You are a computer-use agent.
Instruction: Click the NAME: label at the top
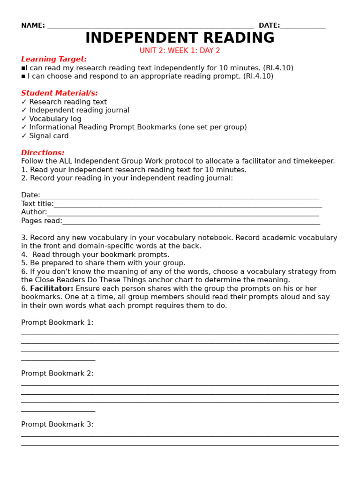pyautogui.click(x=33, y=26)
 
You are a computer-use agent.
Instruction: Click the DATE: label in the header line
pyautogui.click(x=269, y=26)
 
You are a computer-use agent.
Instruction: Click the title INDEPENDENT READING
pyautogui.click(x=180, y=38)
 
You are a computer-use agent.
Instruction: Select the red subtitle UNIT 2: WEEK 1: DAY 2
pyautogui.click(x=180, y=51)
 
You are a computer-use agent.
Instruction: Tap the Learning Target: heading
pyautogui.click(x=54, y=59)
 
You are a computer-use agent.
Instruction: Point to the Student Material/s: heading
pyautogui.click(x=60, y=93)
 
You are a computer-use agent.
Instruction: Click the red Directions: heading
pyautogui.click(x=43, y=153)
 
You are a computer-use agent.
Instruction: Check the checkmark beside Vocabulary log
pyautogui.click(x=24, y=119)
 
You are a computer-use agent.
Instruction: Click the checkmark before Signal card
pyautogui.click(x=24, y=136)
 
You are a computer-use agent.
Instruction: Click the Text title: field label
pyautogui.click(x=37, y=204)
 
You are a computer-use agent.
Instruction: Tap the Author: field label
pyautogui.click(x=34, y=212)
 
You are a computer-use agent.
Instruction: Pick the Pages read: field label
pyautogui.click(x=41, y=221)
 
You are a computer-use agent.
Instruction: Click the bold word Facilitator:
pyautogui.click(x=52, y=289)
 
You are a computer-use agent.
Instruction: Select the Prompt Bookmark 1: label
pyautogui.click(x=57, y=322)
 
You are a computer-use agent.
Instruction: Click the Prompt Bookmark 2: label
pyautogui.click(x=57, y=374)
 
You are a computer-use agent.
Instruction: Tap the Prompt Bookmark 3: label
pyautogui.click(x=57, y=425)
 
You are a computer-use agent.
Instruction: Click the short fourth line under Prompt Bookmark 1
pyautogui.click(x=58, y=360)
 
